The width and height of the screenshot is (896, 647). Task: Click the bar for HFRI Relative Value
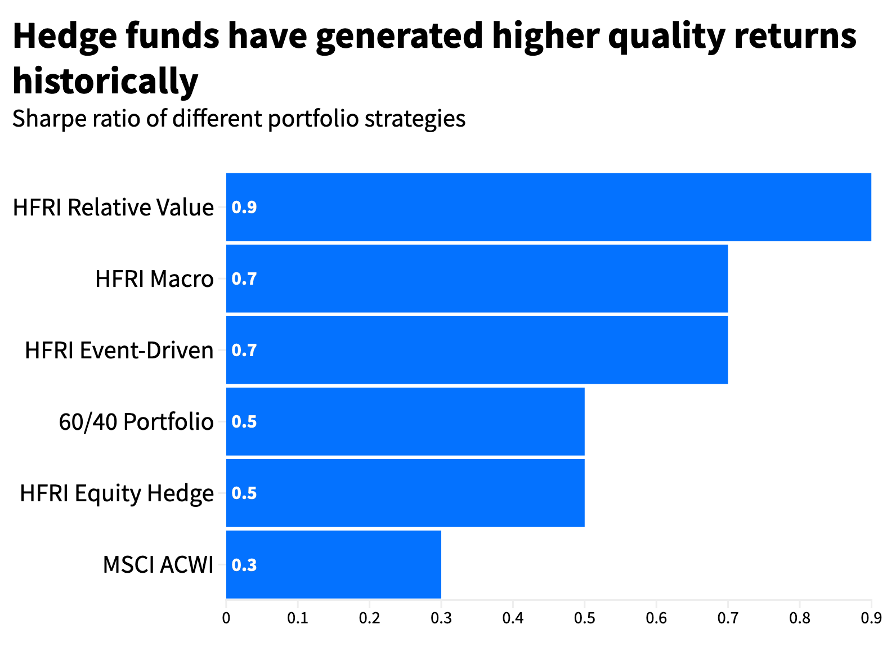point(549,207)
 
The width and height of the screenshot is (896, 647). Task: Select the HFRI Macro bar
point(477,278)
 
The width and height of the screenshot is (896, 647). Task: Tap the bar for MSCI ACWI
point(333,564)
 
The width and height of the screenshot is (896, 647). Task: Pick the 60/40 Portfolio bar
point(405,421)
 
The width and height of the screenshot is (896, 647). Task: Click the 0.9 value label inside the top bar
point(244,208)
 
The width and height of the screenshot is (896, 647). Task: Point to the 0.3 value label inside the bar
point(244,565)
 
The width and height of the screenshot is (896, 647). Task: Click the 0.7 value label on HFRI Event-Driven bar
point(244,351)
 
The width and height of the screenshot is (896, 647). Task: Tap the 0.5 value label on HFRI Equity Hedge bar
point(244,493)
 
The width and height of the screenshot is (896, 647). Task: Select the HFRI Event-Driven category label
point(119,351)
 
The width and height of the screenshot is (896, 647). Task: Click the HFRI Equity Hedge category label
point(117,493)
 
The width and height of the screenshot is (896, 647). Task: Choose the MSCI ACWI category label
point(158,565)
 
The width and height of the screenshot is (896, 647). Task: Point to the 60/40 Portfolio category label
point(136,422)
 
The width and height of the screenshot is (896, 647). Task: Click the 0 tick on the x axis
point(226,619)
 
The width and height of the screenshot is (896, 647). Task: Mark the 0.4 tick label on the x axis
point(513,619)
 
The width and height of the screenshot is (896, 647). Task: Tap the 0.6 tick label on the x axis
point(656,619)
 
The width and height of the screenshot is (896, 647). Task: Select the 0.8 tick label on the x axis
point(799,619)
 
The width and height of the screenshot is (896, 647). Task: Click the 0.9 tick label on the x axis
point(871,619)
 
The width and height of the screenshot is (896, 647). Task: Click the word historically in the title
point(105,81)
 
